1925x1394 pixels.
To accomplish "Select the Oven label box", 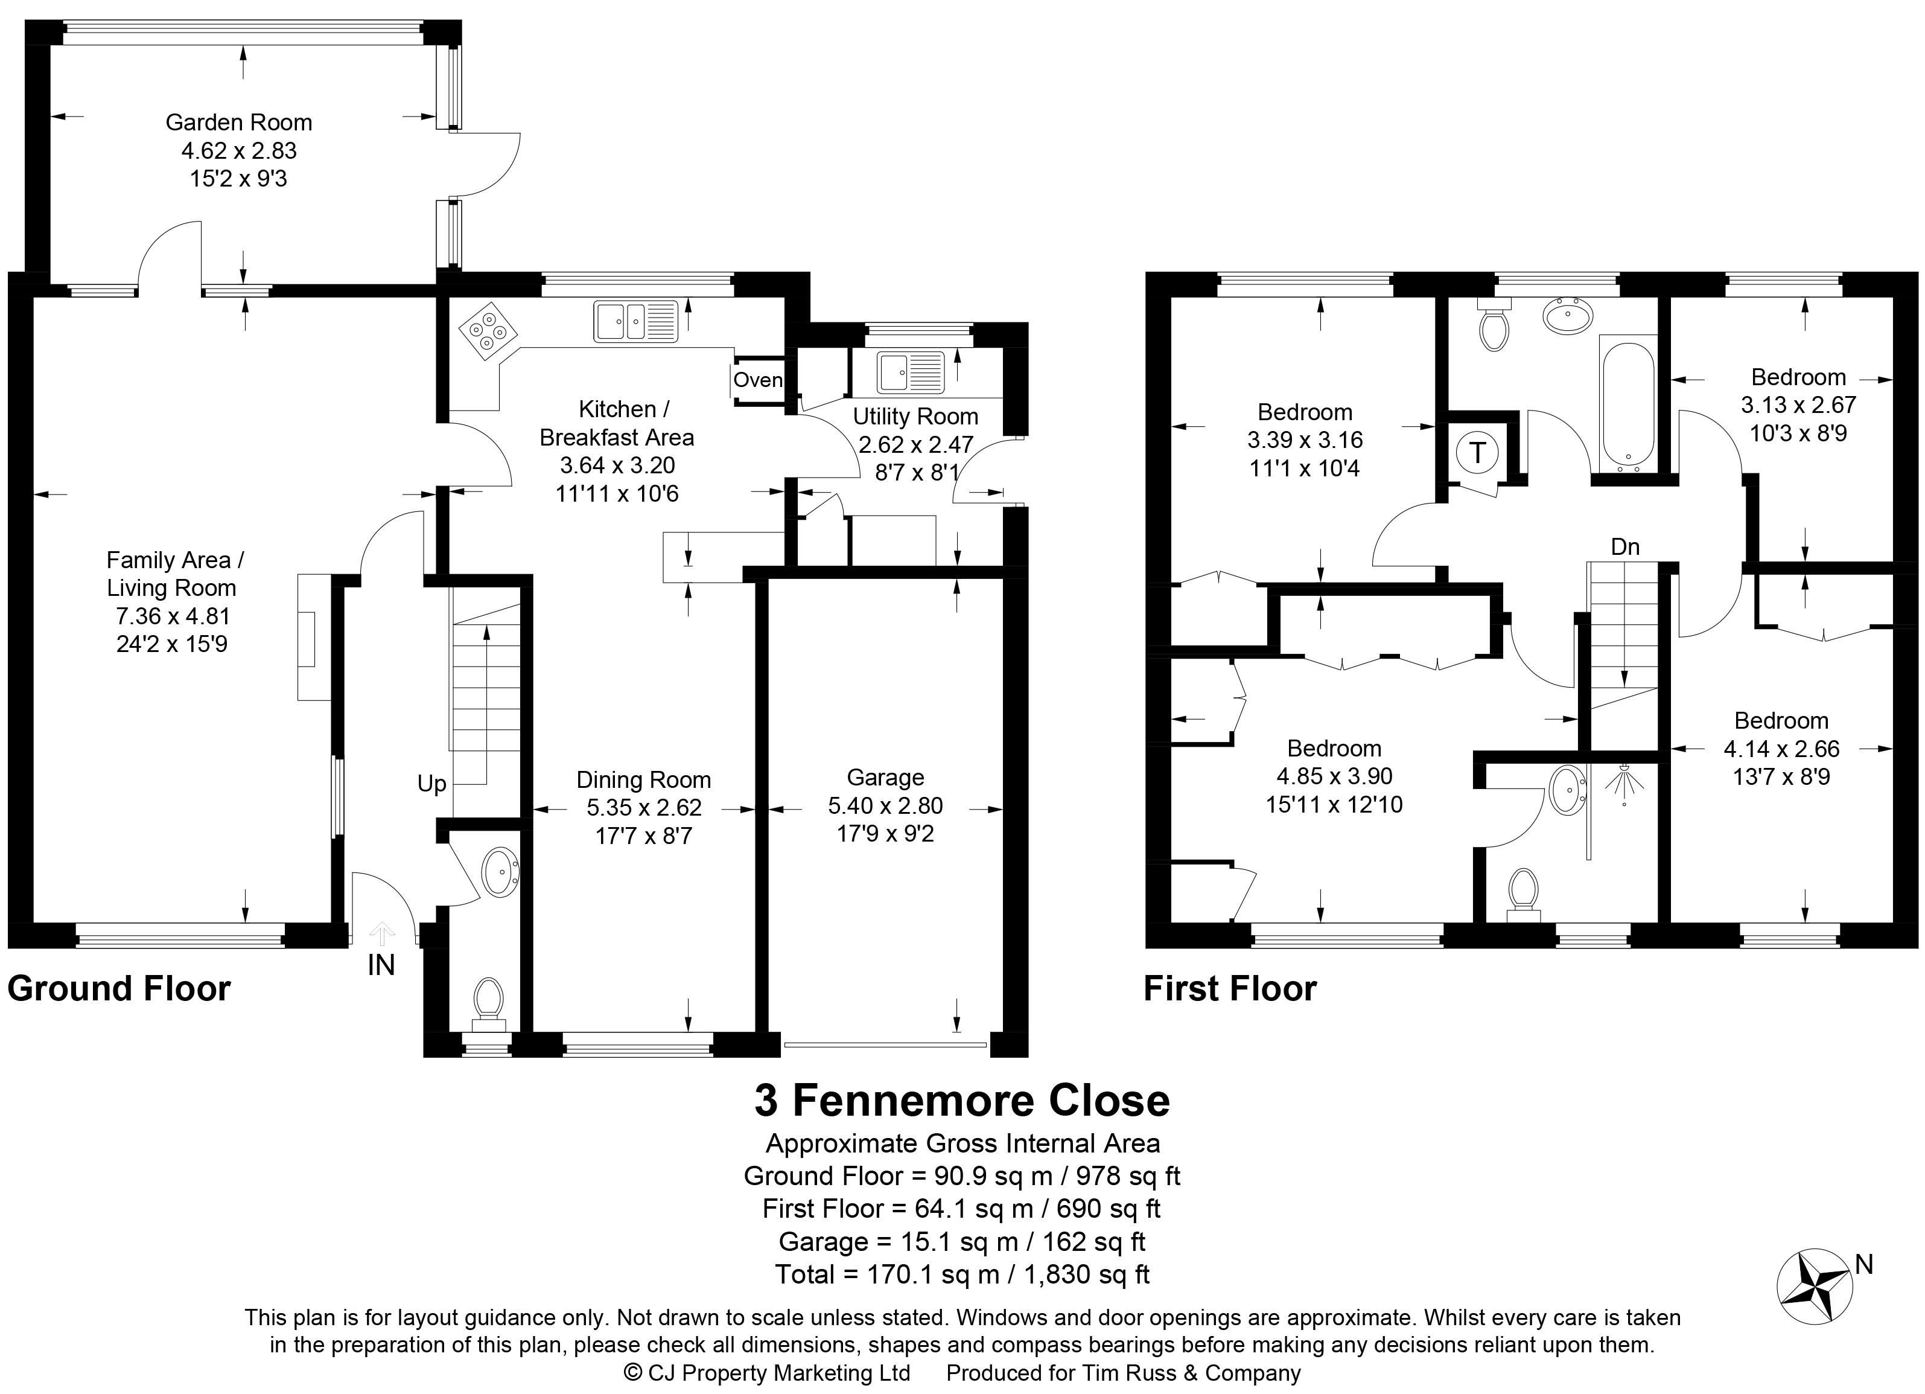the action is click(x=758, y=380).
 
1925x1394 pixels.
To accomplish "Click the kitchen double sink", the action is click(x=635, y=322).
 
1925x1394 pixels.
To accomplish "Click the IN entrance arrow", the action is click(x=382, y=935).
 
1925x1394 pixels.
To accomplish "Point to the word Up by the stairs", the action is click(x=432, y=784).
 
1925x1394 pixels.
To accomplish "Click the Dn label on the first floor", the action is click(x=1625, y=548).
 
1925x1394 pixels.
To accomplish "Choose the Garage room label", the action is click(x=885, y=778).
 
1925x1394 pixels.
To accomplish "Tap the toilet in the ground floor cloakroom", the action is click(x=488, y=1003).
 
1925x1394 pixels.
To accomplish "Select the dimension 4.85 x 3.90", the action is click(x=1334, y=776).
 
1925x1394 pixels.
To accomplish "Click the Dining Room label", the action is click(x=643, y=780).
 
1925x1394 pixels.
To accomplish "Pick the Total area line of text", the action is click(x=962, y=1274).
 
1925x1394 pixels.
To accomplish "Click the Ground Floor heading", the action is click(x=119, y=989).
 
